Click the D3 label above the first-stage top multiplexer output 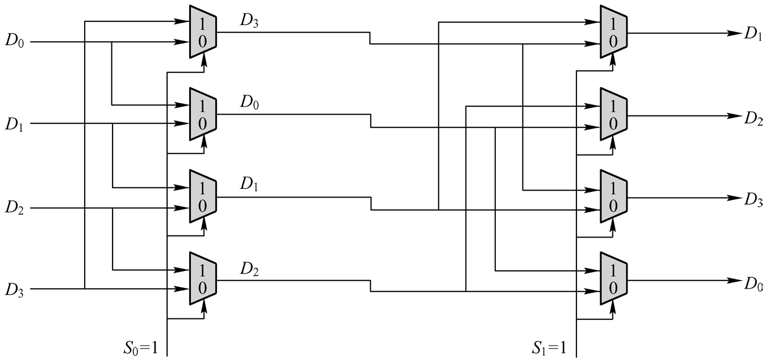[x=252, y=20]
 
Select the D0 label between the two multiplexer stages [x=252, y=103]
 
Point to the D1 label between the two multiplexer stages [x=252, y=185]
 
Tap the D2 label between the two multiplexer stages [x=252, y=268]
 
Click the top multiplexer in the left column [x=203, y=32]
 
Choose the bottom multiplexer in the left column [x=203, y=279]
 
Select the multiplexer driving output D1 [x=614, y=32]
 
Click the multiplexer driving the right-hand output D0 [x=614, y=279]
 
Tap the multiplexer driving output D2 [x=614, y=115]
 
